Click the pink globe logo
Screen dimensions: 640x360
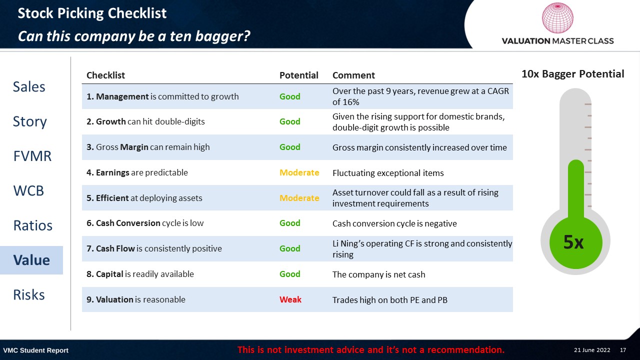point(557,17)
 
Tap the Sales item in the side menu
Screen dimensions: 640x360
point(29,87)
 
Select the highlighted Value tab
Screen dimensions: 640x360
point(31,260)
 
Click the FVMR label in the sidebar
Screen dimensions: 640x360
point(32,156)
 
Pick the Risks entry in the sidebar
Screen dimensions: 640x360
point(29,295)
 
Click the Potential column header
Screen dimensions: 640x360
point(298,75)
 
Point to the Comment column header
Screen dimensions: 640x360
point(353,75)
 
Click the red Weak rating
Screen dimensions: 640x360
point(290,299)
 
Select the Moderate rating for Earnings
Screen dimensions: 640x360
point(299,172)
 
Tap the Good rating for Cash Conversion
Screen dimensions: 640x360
point(289,223)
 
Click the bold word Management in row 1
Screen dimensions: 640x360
point(122,96)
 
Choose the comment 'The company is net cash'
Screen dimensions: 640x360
point(378,274)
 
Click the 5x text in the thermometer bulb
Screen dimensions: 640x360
point(573,242)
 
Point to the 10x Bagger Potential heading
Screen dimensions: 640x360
point(573,74)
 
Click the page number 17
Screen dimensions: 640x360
point(623,350)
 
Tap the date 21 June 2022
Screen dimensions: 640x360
point(592,350)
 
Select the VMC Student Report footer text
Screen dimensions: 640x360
point(35,350)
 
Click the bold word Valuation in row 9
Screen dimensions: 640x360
point(114,299)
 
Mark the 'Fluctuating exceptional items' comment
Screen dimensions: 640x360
point(388,173)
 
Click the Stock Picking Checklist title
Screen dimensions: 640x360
point(92,13)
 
